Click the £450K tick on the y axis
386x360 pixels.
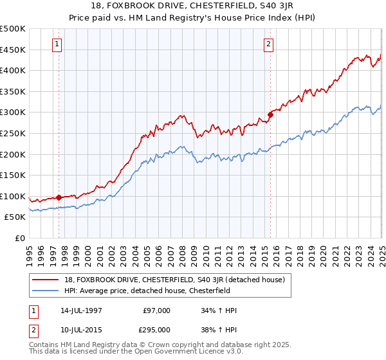coord(14,50)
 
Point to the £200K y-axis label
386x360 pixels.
coord(14,154)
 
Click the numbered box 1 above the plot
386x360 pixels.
coord(58,44)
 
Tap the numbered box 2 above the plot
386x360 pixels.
coord(268,44)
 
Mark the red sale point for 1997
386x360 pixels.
coord(59,197)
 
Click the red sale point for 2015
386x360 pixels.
coord(270,114)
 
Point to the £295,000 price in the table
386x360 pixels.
coord(156,330)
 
